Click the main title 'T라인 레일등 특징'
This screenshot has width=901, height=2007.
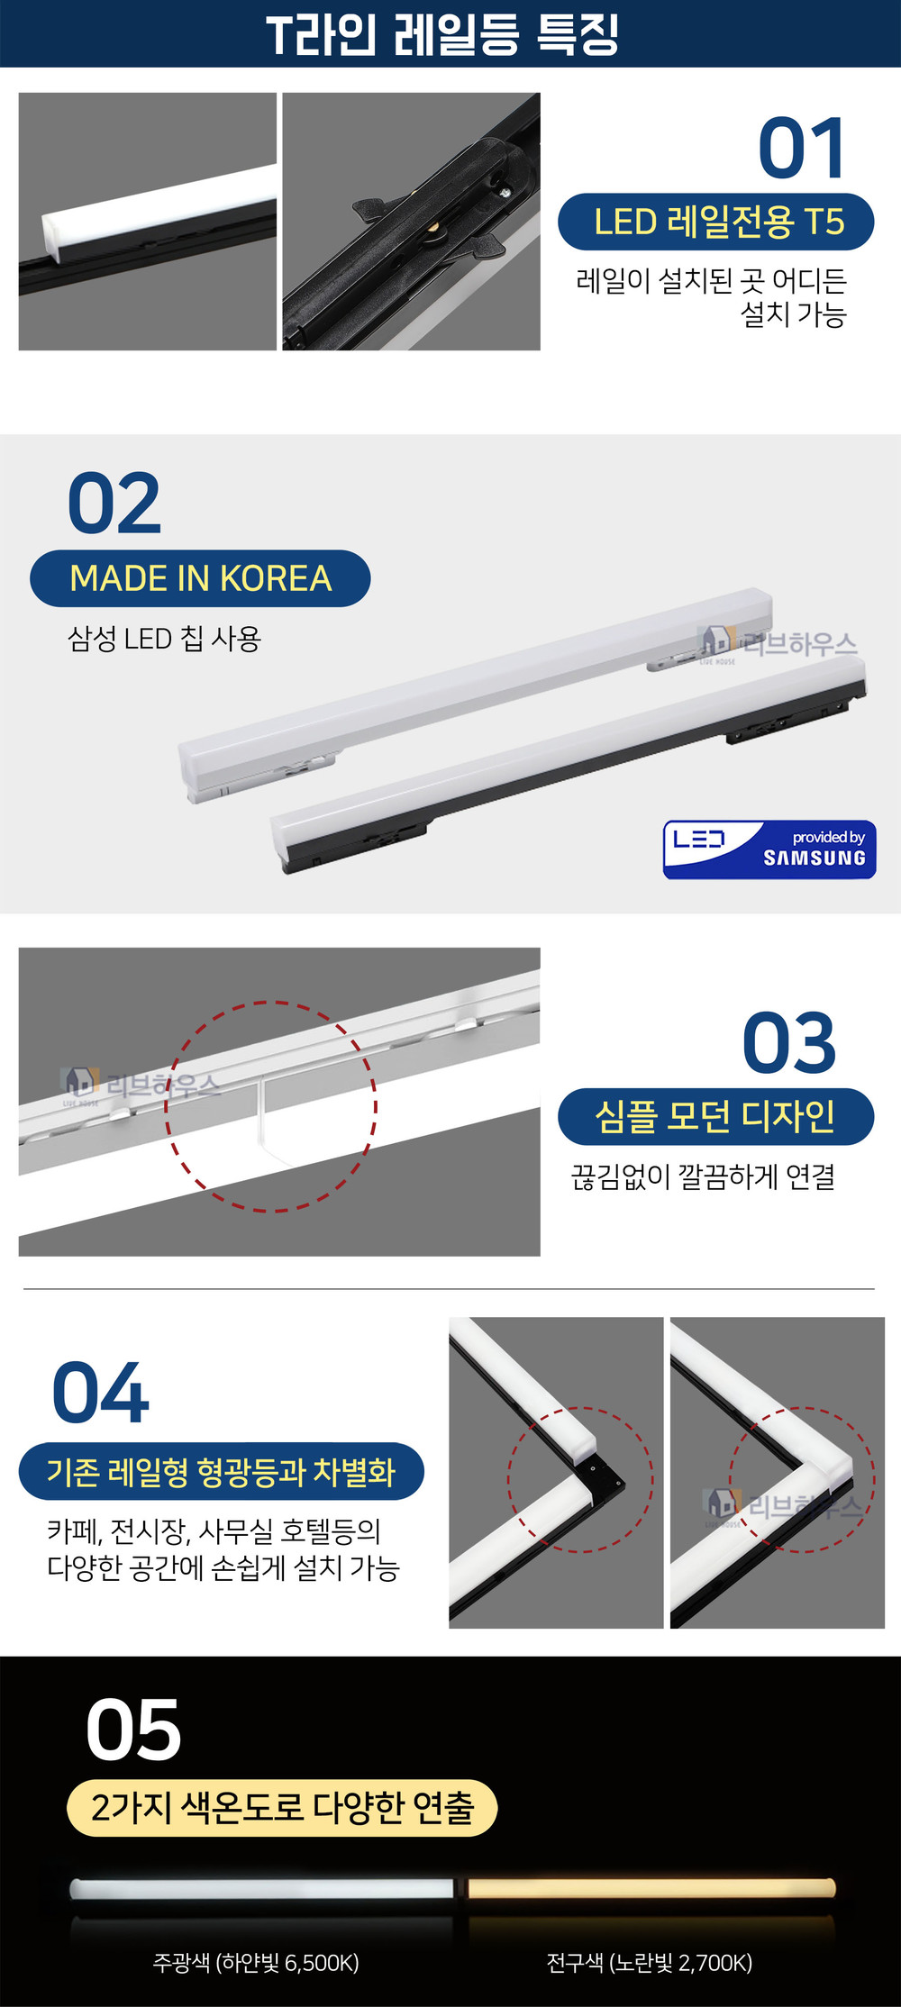click(x=442, y=34)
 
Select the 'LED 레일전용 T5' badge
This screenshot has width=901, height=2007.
click(x=716, y=222)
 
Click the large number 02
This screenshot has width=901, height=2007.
click(x=114, y=504)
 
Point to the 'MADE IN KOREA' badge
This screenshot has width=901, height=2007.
click(x=200, y=578)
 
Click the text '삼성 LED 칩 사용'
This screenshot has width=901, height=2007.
click(x=164, y=639)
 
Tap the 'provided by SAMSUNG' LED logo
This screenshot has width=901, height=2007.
click(x=769, y=849)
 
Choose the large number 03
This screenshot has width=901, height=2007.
click(x=789, y=1042)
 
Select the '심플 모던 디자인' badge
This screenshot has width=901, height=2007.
click(x=716, y=1117)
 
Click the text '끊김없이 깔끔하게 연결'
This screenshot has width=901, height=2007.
click(x=703, y=1176)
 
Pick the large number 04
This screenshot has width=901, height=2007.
click(x=100, y=1393)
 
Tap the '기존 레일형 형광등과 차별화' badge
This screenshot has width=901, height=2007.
click(x=222, y=1471)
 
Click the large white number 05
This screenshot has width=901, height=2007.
click(x=133, y=1730)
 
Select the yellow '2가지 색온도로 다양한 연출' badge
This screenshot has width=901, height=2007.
click(x=282, y=1807)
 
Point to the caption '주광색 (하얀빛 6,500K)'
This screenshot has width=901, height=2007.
click(x=256, y=1962)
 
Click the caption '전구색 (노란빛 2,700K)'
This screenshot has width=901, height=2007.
click(x=649, y=1962)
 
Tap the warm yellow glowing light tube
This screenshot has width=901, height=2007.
click(x=651, y=1888)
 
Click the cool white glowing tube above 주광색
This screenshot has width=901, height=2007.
click(x=262, y=1888)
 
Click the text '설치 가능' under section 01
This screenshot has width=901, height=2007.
click(x=793, y=314)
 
